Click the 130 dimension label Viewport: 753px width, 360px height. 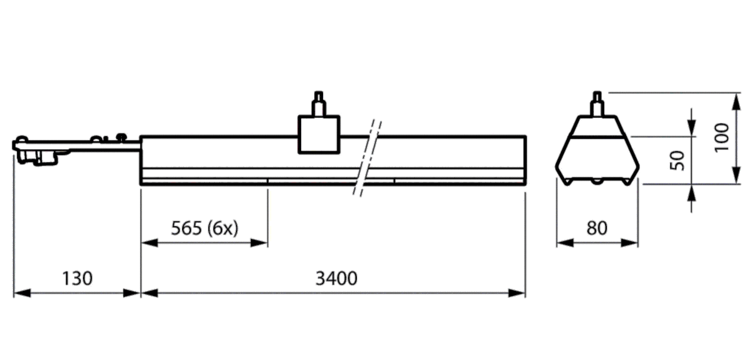coord(77,278)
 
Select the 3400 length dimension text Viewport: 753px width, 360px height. coord(336,278)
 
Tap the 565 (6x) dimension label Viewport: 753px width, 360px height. coord(205,228)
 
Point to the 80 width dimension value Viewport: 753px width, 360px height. coord(597,228)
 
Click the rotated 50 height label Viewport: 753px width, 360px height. coord(677,161)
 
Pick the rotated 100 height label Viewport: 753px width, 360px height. coord(722,136)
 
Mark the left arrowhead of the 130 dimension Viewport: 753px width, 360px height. coord(19,292)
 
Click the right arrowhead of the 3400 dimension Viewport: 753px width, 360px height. coord(520,292)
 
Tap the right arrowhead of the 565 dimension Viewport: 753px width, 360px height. coord(263,243)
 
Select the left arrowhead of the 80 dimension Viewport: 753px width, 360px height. coord(562,243)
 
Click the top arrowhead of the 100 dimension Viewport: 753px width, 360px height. coord(735,97)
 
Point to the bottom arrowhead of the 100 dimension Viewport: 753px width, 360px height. coord(735,180)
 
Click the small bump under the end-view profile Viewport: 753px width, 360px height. coord(597,182)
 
